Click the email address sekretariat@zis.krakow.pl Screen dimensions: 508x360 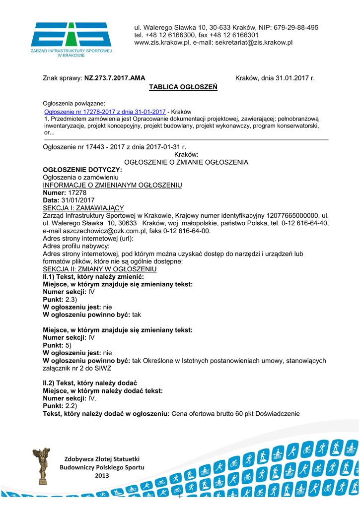coord(253,43)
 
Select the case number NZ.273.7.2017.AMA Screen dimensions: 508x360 coord(115,78)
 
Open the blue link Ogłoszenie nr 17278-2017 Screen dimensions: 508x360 coord(105,112)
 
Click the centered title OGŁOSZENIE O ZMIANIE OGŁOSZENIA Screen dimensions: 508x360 coord(186,163)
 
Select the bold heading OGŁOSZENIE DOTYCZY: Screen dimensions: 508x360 coord(82,170)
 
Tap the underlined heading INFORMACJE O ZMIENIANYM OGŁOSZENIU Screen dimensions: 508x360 coord(113,186)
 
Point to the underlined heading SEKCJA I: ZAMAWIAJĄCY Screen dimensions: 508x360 coord(83,208)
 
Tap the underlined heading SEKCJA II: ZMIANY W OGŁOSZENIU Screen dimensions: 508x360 coord(100,269)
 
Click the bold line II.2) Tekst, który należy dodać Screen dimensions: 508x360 coord(90,383)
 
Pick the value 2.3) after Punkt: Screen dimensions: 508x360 coord(72,300)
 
